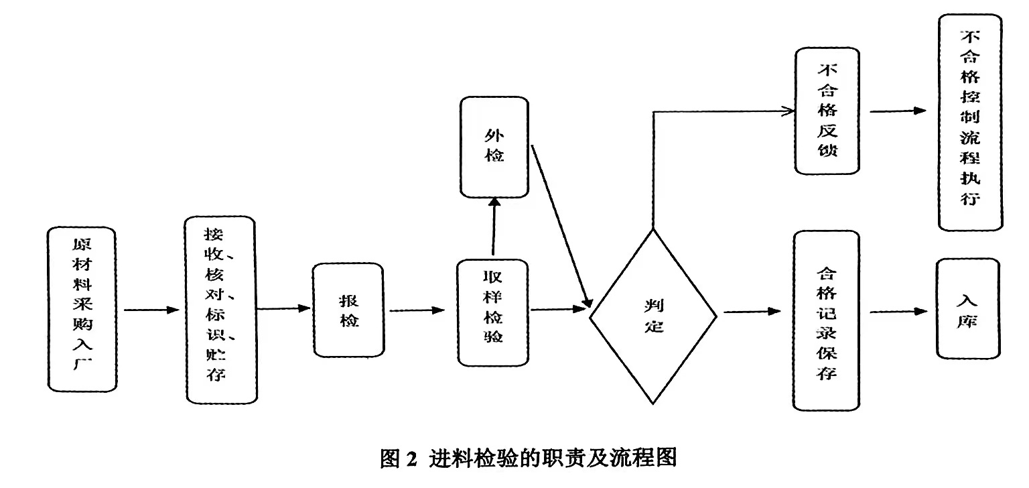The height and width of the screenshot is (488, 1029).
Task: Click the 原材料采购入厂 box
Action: [x=82, y=309]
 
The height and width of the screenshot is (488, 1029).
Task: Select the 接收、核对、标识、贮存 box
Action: [x=221, y=309]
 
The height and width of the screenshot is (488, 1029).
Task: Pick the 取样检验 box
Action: [x=493, y=312]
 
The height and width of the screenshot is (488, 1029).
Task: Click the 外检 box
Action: [x=494, y=147]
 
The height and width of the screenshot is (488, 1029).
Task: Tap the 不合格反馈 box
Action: [x=827, y=111]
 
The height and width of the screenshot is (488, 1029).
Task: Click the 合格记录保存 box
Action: [x=827, y=320]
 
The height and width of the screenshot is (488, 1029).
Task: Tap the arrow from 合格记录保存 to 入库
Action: [x=898, y=312]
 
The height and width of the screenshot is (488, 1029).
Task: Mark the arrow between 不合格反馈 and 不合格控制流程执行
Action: [x=898, y=111]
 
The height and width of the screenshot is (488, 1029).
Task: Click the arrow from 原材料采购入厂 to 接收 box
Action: [x=151, y=310]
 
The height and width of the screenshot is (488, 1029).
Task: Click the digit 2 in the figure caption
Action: [x=411, y=459]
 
